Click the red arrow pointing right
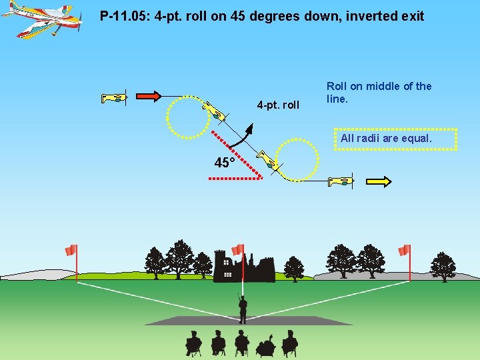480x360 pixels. (148, 97)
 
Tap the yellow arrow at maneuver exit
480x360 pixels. (378, 181)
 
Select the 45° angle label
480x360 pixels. (225, 163)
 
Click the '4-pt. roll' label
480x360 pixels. (278, 105)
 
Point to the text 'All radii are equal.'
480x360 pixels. (386, 139)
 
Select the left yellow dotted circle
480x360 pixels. (187, 117)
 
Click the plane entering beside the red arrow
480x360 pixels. (114, 98)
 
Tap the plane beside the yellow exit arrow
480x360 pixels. (340, 180)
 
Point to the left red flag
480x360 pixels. (71, 250)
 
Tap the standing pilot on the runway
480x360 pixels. (243, 307)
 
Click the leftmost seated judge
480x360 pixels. (193, 343)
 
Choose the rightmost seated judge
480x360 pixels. (289, 343)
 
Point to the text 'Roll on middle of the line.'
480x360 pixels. (379, 92)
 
